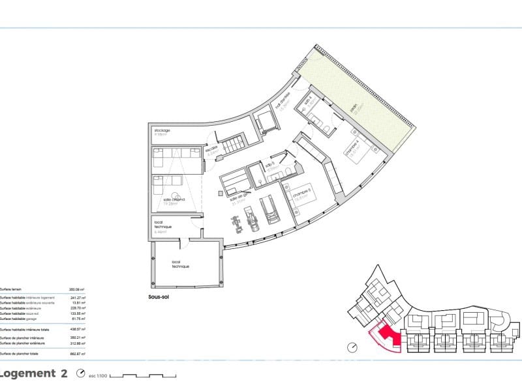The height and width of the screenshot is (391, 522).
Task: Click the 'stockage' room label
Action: tap(162, 130)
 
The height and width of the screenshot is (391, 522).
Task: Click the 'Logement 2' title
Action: tap(34, 373)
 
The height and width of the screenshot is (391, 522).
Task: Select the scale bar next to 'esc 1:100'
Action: tap(151, 375)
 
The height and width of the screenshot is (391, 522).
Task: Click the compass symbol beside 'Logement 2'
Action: tap(81, 373)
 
